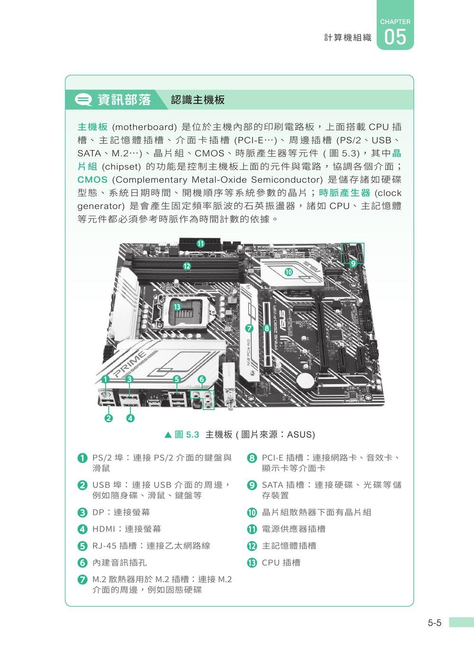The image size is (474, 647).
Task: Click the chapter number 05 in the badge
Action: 395,37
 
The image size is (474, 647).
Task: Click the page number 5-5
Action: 434,623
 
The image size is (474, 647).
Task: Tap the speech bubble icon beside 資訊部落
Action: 84,100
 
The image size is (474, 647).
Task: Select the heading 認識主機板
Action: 198,100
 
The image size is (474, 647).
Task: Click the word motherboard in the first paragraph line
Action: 144,127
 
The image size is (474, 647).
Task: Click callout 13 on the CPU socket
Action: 177,307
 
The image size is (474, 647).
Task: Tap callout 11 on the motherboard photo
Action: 201,243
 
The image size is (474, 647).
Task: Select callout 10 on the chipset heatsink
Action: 289,272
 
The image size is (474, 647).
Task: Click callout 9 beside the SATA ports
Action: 353,263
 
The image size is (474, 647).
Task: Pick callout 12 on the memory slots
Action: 187,266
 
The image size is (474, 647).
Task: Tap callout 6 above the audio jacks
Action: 201,379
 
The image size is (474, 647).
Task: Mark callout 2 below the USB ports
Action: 109,418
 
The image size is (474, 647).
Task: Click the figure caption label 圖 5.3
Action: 187,434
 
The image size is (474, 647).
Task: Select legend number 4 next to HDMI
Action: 82,529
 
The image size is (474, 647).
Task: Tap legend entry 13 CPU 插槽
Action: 281,563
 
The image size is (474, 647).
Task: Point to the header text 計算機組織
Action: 347,37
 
